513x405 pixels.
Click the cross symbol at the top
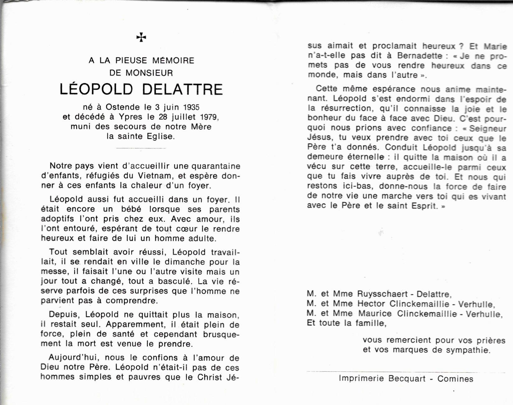click(141, 38)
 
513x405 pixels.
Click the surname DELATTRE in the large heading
click(183, 89)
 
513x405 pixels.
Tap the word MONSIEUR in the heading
click(149, 73)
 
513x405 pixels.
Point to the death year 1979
click(209, 117)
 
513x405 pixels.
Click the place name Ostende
click(122, 107)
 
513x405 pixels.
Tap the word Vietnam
click(154, 176)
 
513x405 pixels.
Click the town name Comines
click(455, 379)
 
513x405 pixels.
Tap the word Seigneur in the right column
click(487, 128)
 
